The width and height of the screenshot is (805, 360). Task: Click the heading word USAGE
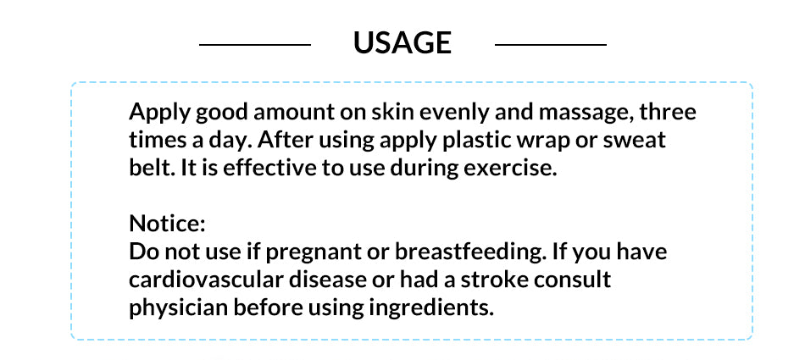pos(402,43)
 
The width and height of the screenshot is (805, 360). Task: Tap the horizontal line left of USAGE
pos(255,45)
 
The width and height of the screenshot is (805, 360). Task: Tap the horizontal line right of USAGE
pos(550,45)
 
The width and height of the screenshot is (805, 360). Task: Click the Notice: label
pos(168,224)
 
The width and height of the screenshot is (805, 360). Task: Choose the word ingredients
pos(431,308)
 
